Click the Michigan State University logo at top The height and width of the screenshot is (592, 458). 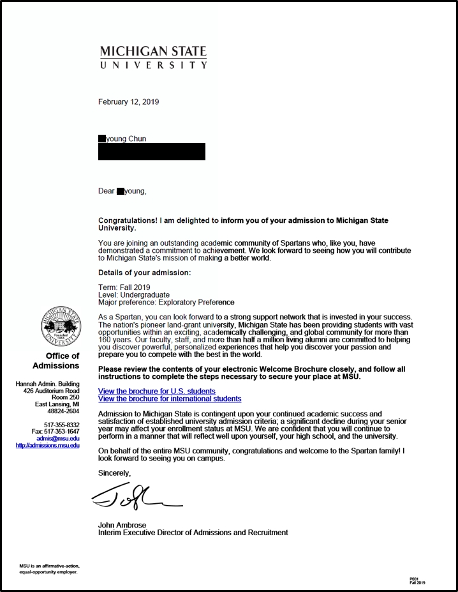click(152, 56)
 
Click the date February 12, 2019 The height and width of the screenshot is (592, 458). click(128, 102)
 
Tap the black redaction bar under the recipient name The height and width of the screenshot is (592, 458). click(152, 151)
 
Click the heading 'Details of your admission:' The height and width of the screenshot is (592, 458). click(144, 273)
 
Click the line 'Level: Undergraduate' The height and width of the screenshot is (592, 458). click(134, 295)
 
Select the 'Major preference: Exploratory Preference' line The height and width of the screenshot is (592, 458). click(166, 302)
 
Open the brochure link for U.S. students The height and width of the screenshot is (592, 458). click(156, 391)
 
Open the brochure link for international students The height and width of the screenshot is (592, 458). click(170, 398)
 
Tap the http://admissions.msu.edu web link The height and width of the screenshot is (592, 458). click(48, 445)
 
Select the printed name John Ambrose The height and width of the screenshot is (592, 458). click(122, 525)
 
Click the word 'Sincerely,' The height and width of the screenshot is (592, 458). click(114, 473)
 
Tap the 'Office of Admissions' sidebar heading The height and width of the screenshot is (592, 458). click(57, 361)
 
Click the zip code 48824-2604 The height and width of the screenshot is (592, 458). click(64, 411)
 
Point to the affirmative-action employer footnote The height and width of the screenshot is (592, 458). click(49, 569)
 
